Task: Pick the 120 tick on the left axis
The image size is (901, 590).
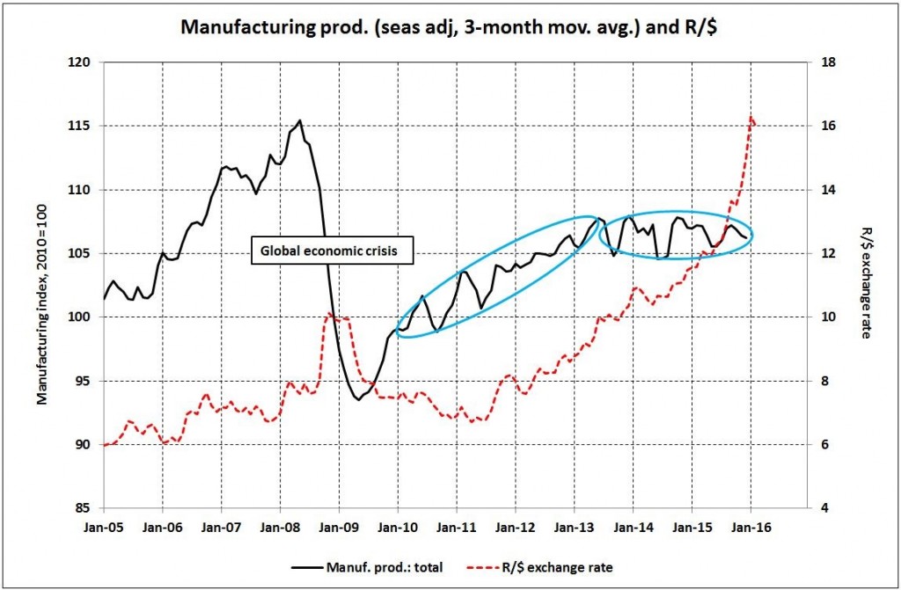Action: pyautogui.click(x=82, y=62)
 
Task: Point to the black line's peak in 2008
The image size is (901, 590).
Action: pyautogui.click(x=300, y=120)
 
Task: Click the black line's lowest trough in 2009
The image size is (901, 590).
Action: pyautogui.click(x=357, y=399)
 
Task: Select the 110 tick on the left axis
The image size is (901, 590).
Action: pyautogui.click(x=82, y=190)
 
